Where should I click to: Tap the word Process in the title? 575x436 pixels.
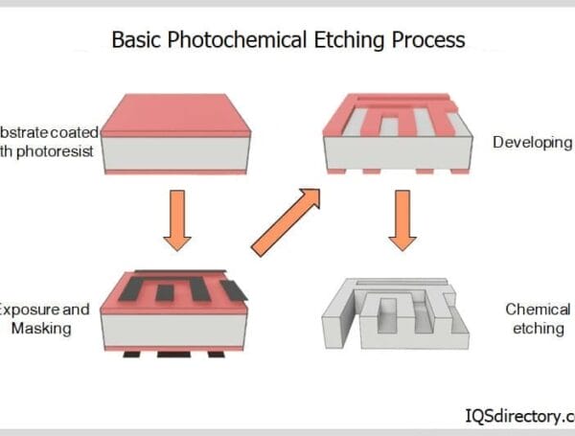pyautogui.click(x=432, y=40)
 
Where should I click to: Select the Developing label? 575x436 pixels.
pyautogui.click(x=531, y=143)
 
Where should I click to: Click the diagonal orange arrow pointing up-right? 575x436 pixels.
pyautogui.click(x=285, y=222)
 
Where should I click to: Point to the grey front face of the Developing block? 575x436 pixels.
pyautogui.click(x=398, y=153)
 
